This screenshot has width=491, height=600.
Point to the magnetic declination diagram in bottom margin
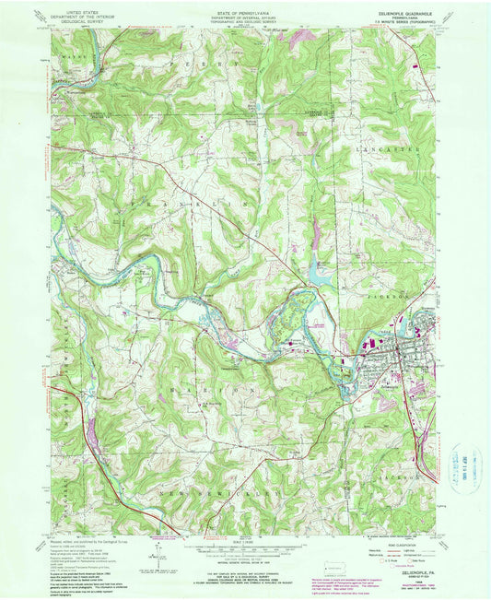click(x=158, y=558)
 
